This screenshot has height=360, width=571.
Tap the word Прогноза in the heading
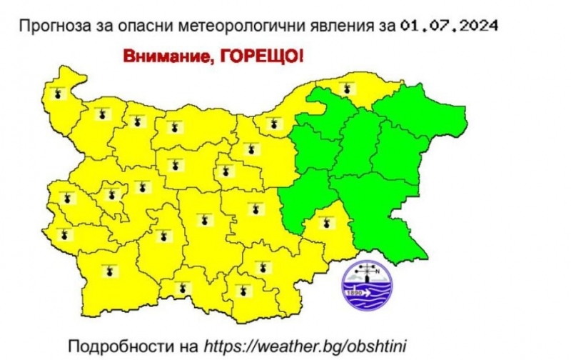tap(51, 26)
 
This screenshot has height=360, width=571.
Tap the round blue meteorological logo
tap(367, 285)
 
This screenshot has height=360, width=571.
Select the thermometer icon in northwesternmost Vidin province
tap(58, 91)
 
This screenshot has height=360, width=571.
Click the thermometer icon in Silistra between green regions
tap(347, 88)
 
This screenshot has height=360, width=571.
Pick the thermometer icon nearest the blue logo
tap(327, 222)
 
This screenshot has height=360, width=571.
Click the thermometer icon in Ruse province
tap(271, 124)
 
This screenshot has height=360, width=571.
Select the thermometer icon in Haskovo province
tap(263, 267)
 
